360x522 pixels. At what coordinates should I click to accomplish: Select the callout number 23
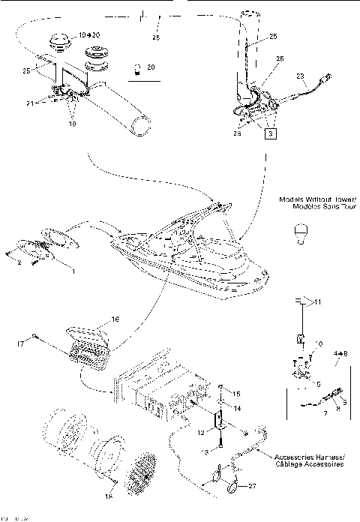coord(301,76)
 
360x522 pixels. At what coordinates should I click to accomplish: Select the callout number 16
coord(115,319)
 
